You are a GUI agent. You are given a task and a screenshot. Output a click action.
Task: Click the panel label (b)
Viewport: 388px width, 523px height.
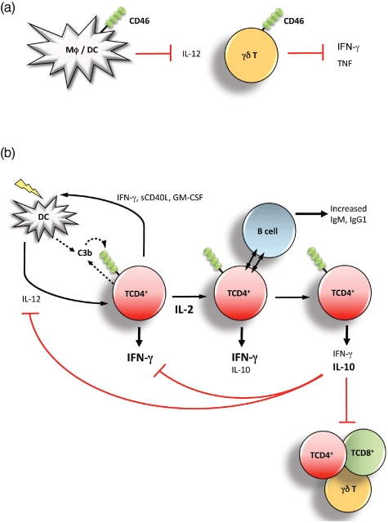click(14, 152)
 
